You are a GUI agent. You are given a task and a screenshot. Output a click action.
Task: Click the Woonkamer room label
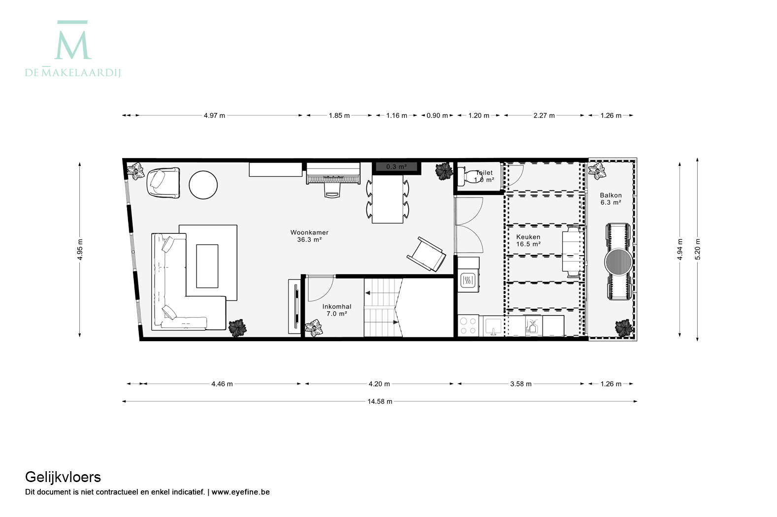click(x=309, y=236)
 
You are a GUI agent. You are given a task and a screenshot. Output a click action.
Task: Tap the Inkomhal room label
click(x=337, y=310)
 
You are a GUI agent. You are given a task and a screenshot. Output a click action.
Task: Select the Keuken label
click(x=528, y=240)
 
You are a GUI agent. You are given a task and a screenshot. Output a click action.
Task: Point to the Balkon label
click(x=611, y=199)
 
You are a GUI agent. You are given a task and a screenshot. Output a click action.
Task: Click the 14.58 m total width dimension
click(x=380, y=401)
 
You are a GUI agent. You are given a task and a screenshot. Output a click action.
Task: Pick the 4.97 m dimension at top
click(x=214, y=116)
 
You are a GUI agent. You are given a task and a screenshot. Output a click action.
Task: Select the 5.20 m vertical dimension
click(x=698, y=249)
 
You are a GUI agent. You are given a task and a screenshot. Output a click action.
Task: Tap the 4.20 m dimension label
click(x=379, y=384)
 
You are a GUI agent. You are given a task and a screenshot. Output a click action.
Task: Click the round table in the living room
click(x=203, y=185)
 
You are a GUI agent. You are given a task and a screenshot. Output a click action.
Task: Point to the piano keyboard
click(x=333, y=179)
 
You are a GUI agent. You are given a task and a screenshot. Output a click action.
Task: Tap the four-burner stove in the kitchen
click(x=468, y=326)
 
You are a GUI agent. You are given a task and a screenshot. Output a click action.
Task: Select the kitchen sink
click(x=493, y=326)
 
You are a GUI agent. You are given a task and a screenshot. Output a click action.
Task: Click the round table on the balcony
click(x=618, y=262)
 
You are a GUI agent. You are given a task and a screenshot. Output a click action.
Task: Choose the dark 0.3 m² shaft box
click(x=396, y=167)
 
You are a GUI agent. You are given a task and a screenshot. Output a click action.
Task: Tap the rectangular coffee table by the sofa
click(x=207, y=266)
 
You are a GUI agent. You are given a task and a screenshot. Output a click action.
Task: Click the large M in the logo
click(x=73, y=45)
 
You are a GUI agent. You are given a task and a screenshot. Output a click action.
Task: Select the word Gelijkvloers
click(x=63, y=478)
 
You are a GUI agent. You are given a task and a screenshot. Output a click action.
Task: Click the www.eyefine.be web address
click(x=240, y=492)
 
